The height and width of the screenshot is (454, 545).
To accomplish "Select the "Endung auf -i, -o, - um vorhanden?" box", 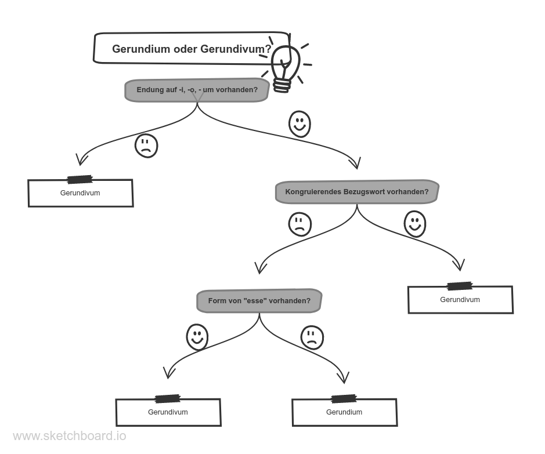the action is click(197, 90).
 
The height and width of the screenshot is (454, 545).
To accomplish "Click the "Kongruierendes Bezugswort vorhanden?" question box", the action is click(357, 191).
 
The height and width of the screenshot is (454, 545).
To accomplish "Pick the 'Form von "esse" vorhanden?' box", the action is click(259, 300).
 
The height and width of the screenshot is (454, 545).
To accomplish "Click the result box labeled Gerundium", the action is click(344, 412).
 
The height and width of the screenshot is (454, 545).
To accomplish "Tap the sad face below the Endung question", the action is click(146, 146).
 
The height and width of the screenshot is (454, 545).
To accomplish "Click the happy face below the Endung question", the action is click(299, 124).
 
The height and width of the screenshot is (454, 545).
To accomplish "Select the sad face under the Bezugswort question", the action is click(300, 224).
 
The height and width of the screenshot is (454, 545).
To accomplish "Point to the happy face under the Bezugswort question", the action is click(415, 224).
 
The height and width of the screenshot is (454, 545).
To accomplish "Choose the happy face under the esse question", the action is click(197, 337).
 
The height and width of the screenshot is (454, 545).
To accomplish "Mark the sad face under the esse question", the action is click(312, 337).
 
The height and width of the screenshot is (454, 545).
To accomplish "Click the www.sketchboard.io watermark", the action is click(70, 436).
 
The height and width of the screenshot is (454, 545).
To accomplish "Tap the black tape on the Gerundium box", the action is click(344, 399).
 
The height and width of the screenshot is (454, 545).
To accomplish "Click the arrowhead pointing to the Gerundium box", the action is click(344, 377).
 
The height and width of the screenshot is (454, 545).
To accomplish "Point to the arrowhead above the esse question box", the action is click(260, 268).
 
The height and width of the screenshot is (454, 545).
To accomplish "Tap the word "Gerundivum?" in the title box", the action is click(236, 49).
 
